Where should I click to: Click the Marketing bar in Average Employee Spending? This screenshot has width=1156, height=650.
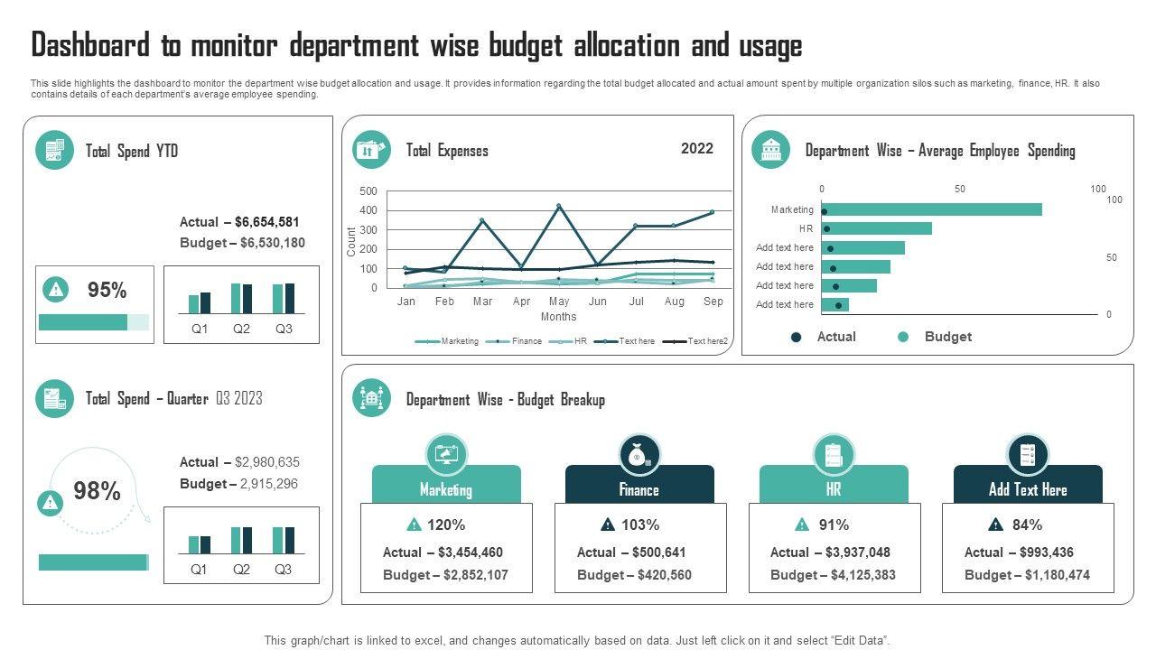pos(931,209)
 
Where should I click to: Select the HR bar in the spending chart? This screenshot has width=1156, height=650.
pos(876,228)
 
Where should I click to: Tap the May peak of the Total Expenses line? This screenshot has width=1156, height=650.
pos(559,206)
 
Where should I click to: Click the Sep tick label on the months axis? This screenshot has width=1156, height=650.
pos(713,302)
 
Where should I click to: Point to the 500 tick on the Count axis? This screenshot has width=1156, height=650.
pos(368,191)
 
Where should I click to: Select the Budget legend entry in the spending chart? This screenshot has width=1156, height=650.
pos(946,337)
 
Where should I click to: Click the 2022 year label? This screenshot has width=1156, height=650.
pos(697,149)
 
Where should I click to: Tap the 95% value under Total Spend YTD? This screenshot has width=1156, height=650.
pos(107,291)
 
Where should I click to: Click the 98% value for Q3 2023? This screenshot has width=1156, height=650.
pos(97,491)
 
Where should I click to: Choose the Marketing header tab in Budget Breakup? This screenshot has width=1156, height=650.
pos(446,489)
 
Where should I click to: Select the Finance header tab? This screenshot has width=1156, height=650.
pos(639,489)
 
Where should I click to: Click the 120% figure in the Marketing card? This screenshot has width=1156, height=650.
pos(446,525)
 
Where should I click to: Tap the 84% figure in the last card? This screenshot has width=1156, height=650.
pos(1027,525)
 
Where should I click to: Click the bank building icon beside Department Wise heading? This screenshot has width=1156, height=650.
pos(770,150)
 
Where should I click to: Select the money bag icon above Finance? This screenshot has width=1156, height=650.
pos(639,456)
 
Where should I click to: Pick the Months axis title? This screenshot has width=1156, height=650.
pos(558,317)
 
